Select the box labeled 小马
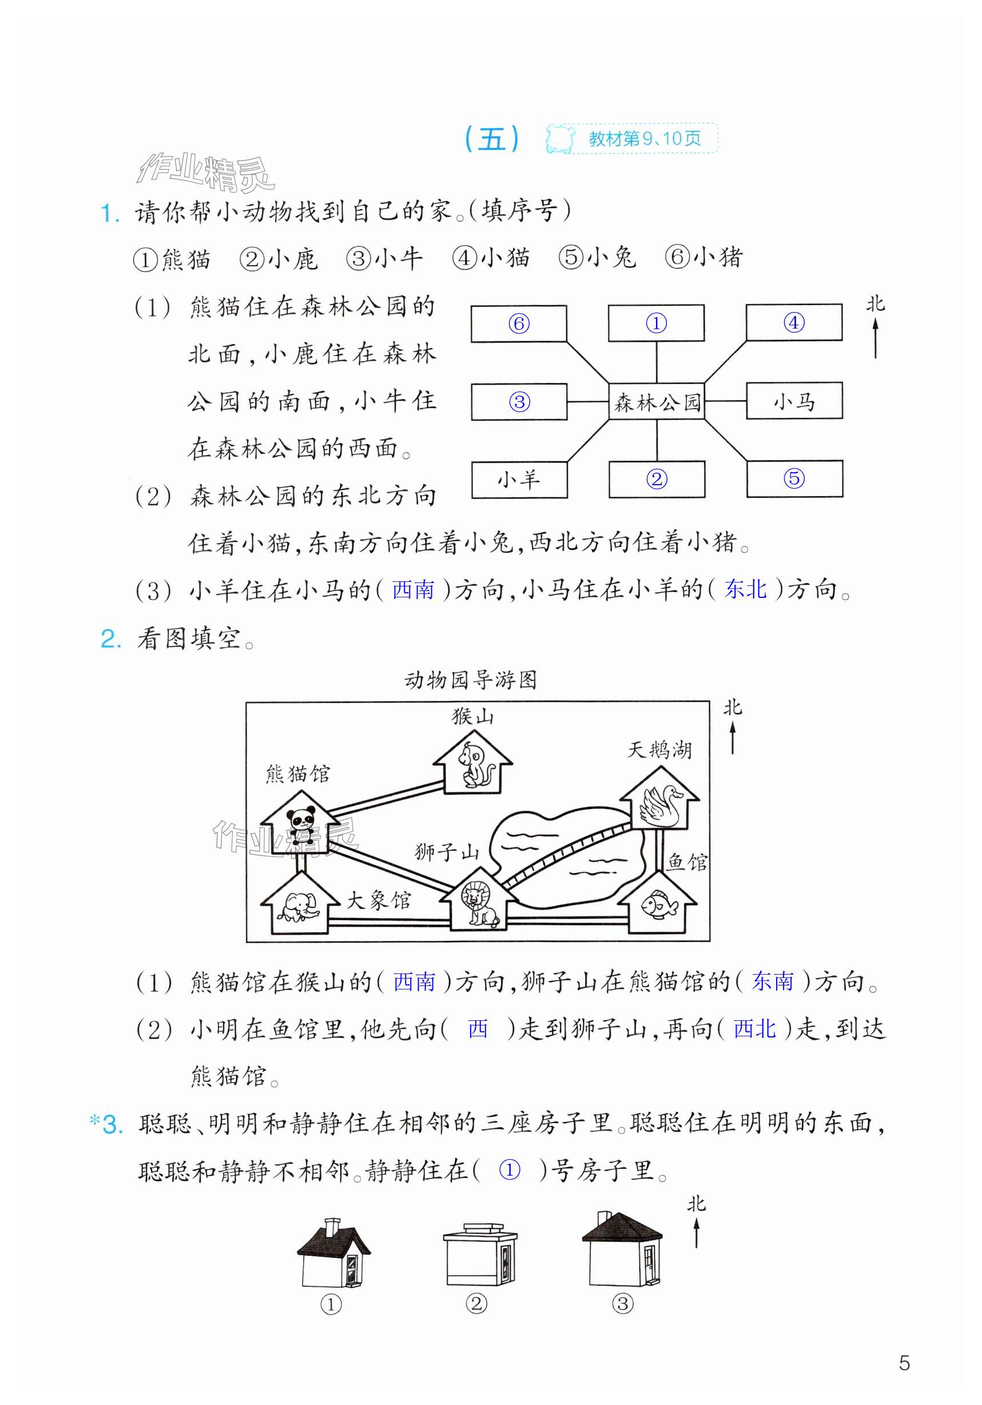tap(793, 401)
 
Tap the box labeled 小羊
tap(519, 480)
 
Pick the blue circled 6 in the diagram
tap(519, 323)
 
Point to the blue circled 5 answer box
tap(794, 478)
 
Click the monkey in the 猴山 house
tap(472, 765)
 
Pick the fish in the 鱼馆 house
tap(659, 904)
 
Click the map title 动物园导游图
tap(470, 679)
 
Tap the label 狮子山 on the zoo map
tap(447, 852)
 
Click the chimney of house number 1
tap(332, 1226)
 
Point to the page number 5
tap(904, 1363)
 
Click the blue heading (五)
tap(492, 139)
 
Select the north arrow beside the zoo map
tap(732, 737)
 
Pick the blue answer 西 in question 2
tap(478, 1029)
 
